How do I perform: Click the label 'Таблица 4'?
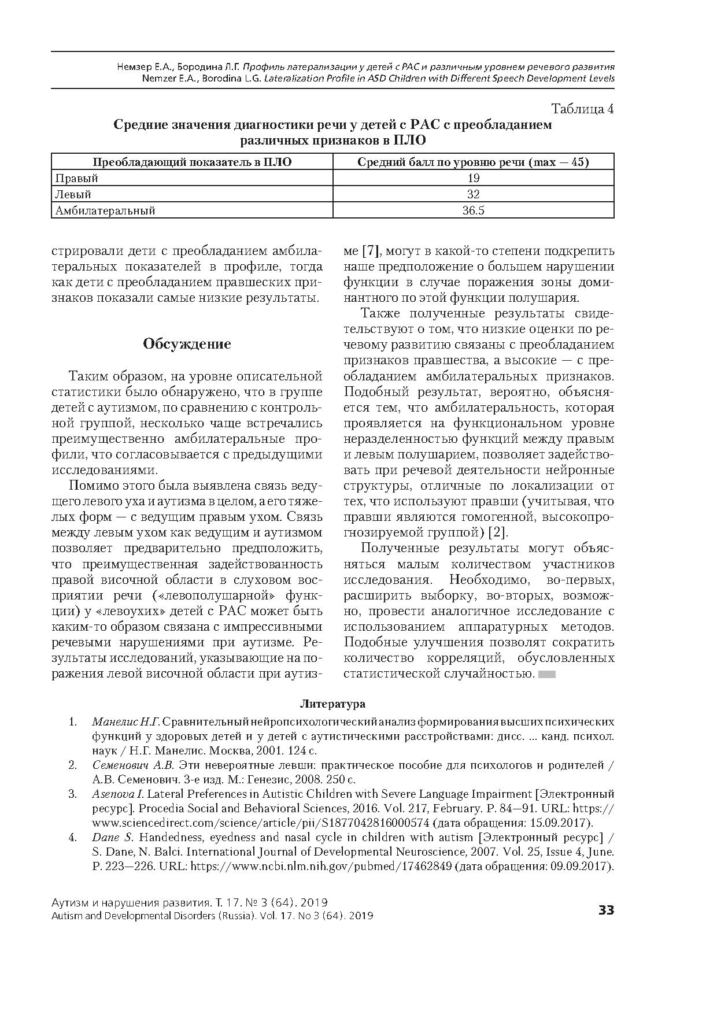[582, 109]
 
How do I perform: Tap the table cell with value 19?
[473, 178]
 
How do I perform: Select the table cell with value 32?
[473, 194]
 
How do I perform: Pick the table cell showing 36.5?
[473, 210]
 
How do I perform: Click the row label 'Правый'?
[76, 178]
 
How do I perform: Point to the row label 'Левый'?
[73, 194]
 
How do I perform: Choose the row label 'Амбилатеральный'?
[105, 210]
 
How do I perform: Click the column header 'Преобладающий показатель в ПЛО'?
[192, 162]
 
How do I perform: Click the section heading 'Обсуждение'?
[187, 344]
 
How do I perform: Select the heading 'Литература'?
[332, 704]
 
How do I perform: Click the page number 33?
[605, 911]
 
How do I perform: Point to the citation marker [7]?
[371, 251]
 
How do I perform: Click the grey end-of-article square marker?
[546, 674]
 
